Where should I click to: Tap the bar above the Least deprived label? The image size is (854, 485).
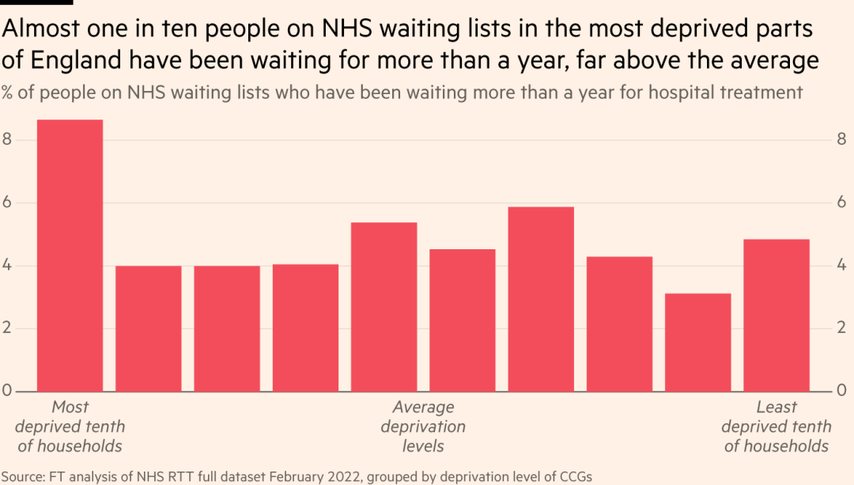[776, 316]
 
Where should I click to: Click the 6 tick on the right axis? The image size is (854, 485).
[842, 203]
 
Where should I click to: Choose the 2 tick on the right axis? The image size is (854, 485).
[842, 328]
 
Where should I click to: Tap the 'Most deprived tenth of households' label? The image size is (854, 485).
[70, 426]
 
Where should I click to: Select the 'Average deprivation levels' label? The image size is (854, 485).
[423, 426]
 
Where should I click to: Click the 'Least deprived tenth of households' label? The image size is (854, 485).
[776, 426]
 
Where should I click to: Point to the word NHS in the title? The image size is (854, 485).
[346, 29]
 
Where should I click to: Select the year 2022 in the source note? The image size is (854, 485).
[349, 476]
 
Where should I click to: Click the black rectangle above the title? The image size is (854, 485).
[36, 2]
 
